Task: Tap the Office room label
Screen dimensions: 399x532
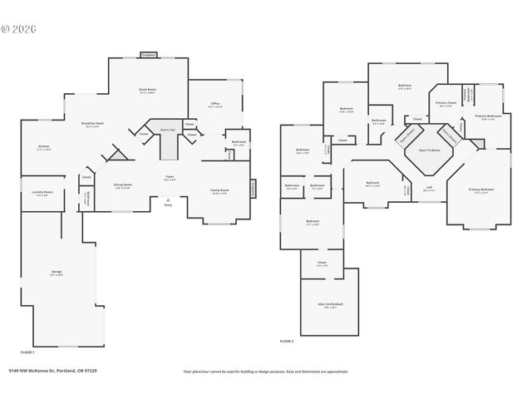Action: point(215,105)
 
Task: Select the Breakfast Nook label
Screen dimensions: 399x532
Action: point(91,125)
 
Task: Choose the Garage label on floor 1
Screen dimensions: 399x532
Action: point(57,273)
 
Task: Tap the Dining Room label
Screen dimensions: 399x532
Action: point(122,187)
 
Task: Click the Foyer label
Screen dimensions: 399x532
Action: point(169,177)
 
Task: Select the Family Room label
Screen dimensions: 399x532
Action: point(220,192)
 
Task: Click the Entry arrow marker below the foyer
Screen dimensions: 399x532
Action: point(169,202)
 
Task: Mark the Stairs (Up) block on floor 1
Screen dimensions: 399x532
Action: point(168,141)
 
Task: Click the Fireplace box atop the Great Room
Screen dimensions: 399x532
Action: point(148,55)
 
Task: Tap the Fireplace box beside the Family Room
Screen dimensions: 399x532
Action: point(254,190)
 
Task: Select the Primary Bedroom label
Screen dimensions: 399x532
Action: point(480,191)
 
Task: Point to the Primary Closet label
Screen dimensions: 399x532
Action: point(445,105)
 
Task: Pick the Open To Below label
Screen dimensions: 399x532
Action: point(429,150)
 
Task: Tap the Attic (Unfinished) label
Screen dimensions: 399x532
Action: point(329,304)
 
